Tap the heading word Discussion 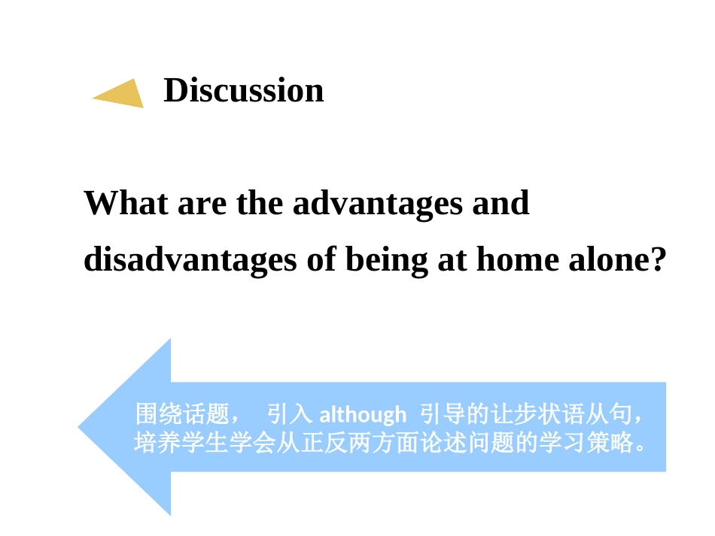pos(243,90)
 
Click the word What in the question pos(126,203)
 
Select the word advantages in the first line pos(377,204)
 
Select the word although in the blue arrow pos(363,414)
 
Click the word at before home pos(454,261)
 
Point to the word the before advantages pos(260,203)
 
